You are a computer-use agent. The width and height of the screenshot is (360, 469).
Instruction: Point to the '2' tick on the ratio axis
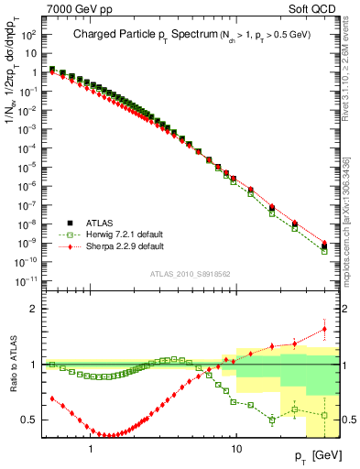pos(34,309)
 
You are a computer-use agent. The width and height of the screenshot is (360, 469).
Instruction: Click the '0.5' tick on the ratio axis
pos(30,420)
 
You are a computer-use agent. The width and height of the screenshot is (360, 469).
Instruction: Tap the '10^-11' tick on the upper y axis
pos(27,279)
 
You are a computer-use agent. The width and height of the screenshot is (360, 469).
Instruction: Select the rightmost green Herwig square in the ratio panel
pos(324,415)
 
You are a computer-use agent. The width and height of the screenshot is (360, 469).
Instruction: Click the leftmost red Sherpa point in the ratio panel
pos(51,398)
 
